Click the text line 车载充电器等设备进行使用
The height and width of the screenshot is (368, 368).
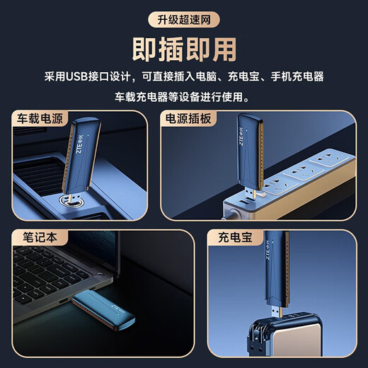tap(183, 96)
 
